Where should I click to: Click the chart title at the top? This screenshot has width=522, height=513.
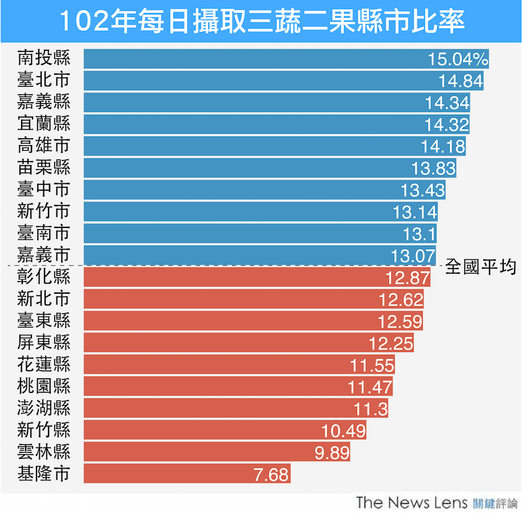(x=261, y=22)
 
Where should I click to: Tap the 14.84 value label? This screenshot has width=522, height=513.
(x=461, y=81)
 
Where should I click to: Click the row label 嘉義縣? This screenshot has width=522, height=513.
(x=44, y=102)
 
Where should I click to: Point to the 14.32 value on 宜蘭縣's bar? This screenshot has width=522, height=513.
(x=447, y=125)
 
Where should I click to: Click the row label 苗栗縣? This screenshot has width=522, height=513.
(x=44, y=167)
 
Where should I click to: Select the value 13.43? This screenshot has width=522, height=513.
(x=423, y=190)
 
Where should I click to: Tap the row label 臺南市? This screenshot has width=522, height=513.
(x=44, y=233)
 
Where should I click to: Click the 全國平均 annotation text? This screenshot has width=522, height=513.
(x=480, y=267)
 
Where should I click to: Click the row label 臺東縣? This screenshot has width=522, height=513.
(x=44, y=320)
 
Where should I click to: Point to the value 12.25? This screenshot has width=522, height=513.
(x=391, y=343)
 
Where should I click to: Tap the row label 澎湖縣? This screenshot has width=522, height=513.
(x=44, y=408)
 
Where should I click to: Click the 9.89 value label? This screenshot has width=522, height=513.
(x=332, y=452)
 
